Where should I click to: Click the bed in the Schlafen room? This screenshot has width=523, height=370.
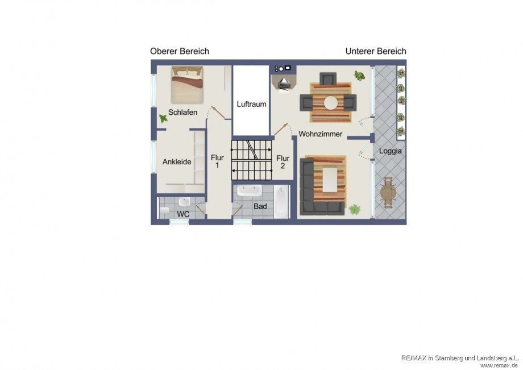point(187,85)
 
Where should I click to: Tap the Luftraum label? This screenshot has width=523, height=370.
point(251,104)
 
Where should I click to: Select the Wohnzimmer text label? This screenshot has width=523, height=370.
point(320,134)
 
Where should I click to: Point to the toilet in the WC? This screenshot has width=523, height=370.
point(164,211)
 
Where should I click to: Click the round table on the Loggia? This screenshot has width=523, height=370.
point(388,193)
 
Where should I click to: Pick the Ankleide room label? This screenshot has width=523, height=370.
point(177,161)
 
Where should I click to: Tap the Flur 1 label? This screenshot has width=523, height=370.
point(217,161)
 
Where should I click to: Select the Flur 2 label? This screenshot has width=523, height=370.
point(283,161)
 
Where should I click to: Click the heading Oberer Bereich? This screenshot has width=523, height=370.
point(180,51)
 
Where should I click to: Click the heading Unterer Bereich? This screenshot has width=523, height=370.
point(376,51)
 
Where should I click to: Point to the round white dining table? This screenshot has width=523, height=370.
point(331,102)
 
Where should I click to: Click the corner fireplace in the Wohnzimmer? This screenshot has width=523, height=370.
point(283,82)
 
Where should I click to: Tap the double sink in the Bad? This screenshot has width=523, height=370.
point(249,191)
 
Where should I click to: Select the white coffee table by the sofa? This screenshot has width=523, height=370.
point(330,180)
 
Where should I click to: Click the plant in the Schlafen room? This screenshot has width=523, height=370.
point(163,118)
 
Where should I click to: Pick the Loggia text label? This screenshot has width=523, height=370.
point(390,151)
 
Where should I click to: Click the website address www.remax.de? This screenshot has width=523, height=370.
point(499,365)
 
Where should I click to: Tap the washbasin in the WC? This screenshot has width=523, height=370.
point(184,202)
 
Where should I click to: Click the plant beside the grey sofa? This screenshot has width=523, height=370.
point(355,210)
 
